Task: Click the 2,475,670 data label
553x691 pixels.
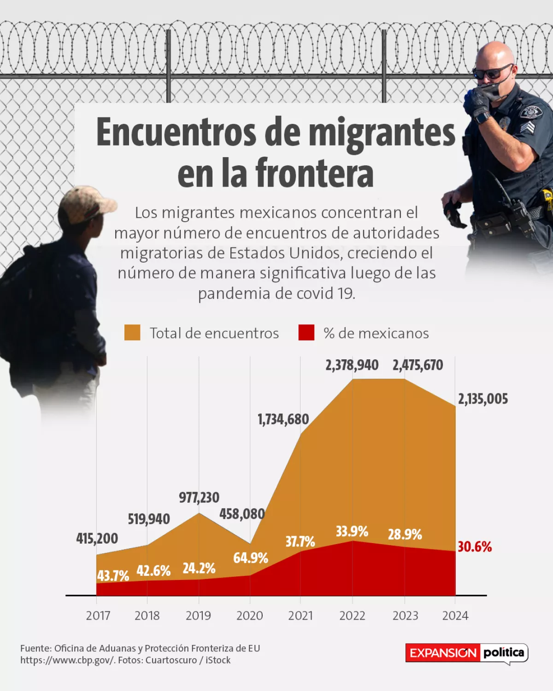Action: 418,365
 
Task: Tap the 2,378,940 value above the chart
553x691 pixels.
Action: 352,365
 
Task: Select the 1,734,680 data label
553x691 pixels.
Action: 283,419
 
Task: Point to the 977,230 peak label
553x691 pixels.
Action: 199,498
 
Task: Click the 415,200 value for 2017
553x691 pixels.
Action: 97,538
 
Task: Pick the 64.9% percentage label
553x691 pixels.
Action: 250,558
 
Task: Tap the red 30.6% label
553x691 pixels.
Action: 475,547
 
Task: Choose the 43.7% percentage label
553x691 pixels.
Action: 113,576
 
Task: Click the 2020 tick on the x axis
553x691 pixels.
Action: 249,615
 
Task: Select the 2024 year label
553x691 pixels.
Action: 455,615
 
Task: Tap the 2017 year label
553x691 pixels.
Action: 98,615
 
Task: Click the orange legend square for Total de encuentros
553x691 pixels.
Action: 132,333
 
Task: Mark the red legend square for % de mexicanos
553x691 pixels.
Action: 306,333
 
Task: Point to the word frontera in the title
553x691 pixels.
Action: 314,173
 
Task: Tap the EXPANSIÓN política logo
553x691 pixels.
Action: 466,653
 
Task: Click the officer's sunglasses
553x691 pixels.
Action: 491,72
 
